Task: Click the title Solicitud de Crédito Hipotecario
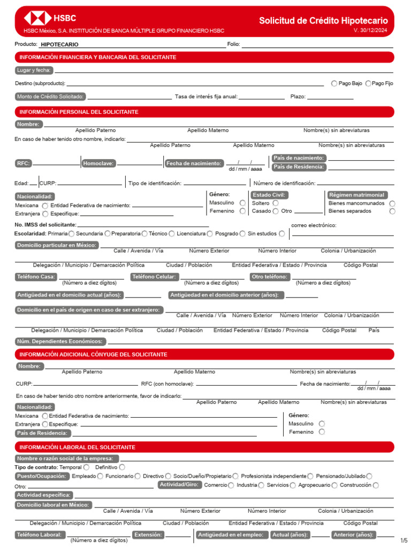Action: coord(323,21)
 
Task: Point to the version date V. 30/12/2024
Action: coord(371,30)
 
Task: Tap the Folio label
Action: coord(233,44)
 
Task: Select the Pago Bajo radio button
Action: coord(334,83)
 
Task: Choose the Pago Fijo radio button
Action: coord(368,83)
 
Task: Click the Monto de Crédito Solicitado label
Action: coord(50,97)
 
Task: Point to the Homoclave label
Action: coord(98,163)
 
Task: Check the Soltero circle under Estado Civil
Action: coord(276,203)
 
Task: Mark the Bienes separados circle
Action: coord(393,211)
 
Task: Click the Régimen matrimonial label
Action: coord(357,195)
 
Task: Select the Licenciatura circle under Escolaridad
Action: coord(210,233)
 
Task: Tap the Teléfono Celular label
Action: coord(154,277)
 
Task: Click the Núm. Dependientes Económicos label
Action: coord(60,341)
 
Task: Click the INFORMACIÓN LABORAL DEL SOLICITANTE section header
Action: coord(78,447)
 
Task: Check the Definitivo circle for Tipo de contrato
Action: coord(123,467)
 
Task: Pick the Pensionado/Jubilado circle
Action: coord(370,476)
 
